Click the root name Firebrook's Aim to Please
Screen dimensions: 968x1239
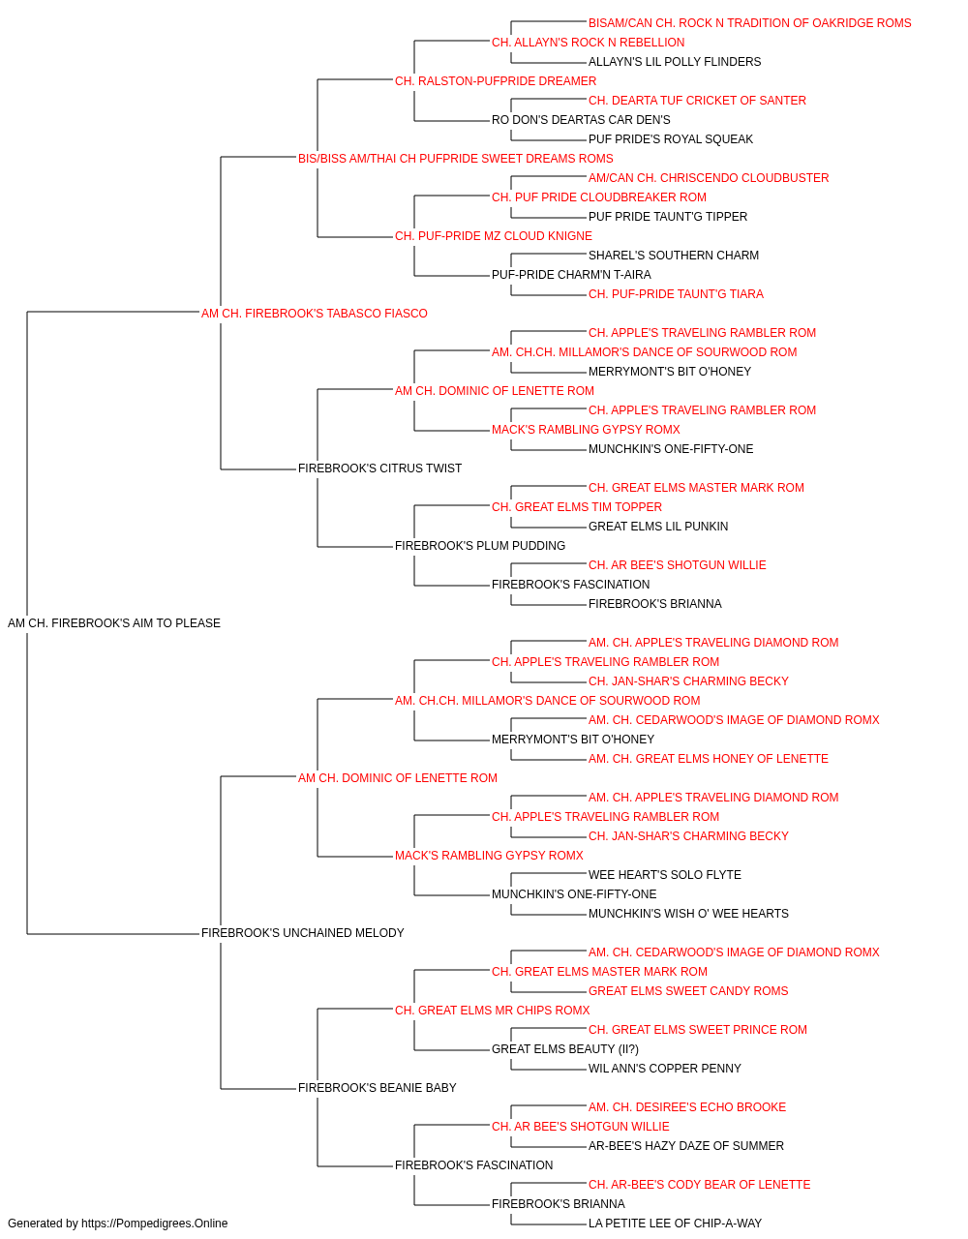point(114,623)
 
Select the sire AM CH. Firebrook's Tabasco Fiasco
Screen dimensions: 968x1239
point(314,314)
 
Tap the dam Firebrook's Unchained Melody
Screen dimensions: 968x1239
point(303,933)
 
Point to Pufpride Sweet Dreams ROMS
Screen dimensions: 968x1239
point(456,159)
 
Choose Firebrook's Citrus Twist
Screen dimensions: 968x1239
point(379,468)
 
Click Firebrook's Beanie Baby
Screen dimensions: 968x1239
point(378,1088)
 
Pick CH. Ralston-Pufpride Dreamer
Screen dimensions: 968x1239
point(496,81)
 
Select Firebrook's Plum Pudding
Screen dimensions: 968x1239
point(480,546)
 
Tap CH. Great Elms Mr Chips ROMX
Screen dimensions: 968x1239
point(493,1011)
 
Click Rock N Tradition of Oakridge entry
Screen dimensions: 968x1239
point(749,23)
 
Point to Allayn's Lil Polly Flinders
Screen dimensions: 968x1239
point(675,62)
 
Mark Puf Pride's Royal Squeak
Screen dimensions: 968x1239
point(671,139)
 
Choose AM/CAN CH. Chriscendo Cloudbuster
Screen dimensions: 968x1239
point(709,178)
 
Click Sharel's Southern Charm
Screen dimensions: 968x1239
point(674,256)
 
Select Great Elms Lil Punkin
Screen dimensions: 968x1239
point(658,527)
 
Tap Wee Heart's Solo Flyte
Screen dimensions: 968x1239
point(665,875)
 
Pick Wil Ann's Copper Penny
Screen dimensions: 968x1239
point(665,1069)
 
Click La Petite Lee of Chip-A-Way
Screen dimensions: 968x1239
point(675,1224)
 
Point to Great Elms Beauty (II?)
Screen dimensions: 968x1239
point(565,1049)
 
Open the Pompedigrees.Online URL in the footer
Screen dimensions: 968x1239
point(155,1224)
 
